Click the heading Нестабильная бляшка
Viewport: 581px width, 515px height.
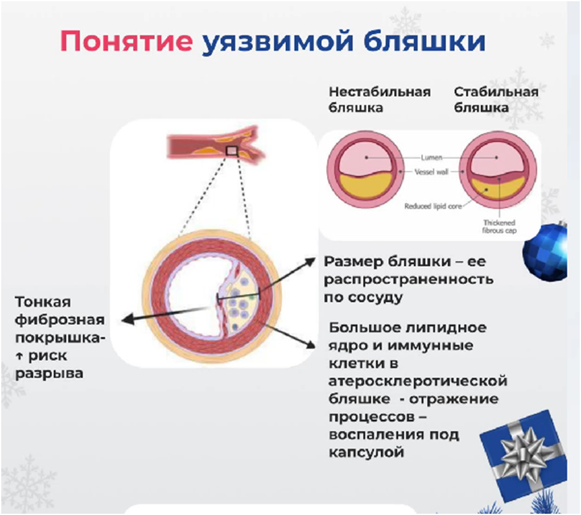coord(379,99)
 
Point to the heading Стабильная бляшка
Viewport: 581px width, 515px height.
coord(495,99)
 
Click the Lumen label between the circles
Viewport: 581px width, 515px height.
coord(431,158)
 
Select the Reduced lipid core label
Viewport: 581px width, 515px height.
coord(432,206)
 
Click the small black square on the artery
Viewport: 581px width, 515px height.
coord(232,151)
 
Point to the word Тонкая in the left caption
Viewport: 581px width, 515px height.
coord(44,302)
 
